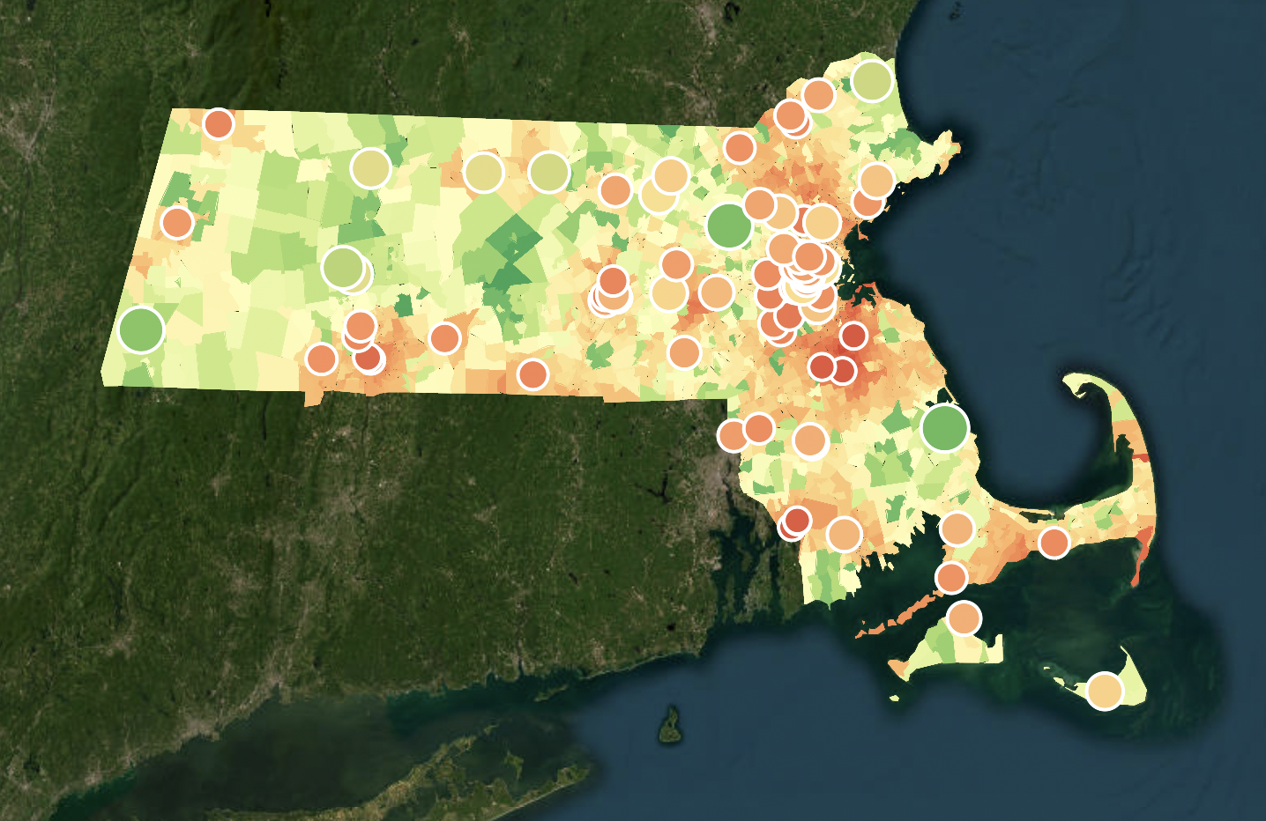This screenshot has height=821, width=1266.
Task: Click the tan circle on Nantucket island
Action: [1105, 690]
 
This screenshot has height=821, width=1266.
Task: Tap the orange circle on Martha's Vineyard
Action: [964, 618]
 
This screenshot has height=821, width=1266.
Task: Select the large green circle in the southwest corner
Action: [141, 329]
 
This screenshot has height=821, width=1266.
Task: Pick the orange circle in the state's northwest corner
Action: [218, 123]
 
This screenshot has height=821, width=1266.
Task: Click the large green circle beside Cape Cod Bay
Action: [944, 427]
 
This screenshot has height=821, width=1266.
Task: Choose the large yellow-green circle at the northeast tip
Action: [872, 80]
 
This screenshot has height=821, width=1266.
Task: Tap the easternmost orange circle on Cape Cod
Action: [1054, 542]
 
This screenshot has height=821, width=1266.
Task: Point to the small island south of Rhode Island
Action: [671, 724]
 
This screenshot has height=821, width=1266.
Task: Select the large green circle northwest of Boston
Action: [729, 226]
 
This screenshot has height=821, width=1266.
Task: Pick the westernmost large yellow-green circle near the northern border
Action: [371, 167]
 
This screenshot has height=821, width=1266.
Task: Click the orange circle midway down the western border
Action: [177, 222]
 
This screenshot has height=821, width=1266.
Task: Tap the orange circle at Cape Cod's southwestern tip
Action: [951, 577]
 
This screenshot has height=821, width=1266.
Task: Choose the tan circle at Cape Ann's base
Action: [876, 180]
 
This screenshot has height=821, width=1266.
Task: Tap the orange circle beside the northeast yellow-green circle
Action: [818, 94]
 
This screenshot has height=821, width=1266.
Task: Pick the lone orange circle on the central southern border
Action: [532, 374]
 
